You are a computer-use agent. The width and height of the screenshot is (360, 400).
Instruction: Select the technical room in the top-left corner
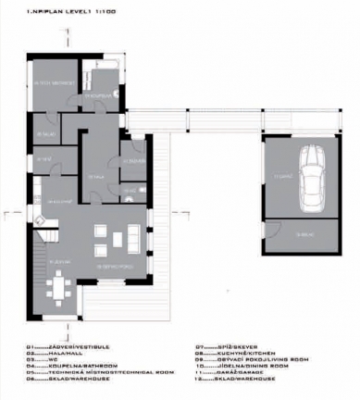coord(50,85)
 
